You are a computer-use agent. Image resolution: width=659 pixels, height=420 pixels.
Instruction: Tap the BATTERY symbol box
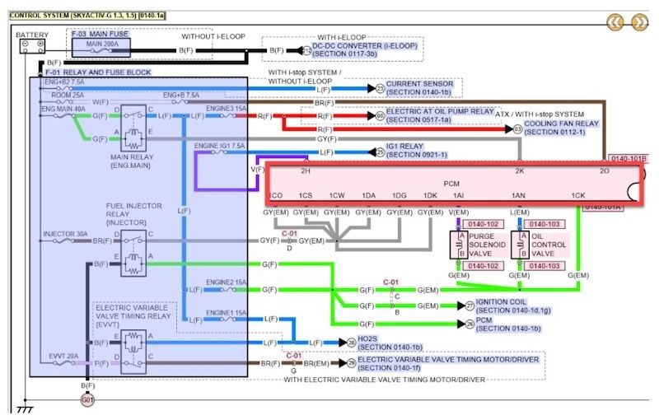(x=31, y=48)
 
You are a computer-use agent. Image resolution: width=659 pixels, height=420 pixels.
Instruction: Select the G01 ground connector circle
(x=86, y=399)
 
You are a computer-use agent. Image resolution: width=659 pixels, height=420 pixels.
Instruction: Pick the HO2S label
(x=372, y=343)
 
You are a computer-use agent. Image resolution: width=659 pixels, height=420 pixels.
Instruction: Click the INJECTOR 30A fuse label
(x=65, y=234)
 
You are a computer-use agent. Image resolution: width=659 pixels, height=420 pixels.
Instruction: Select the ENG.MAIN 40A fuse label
(x=63, y=106)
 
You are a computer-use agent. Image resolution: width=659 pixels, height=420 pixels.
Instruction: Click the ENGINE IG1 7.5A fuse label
(x=219, y=145)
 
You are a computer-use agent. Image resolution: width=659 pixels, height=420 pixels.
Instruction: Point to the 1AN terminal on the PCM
(x=518, y=195)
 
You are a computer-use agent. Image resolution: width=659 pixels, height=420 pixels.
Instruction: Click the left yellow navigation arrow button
(x=615, y=21)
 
